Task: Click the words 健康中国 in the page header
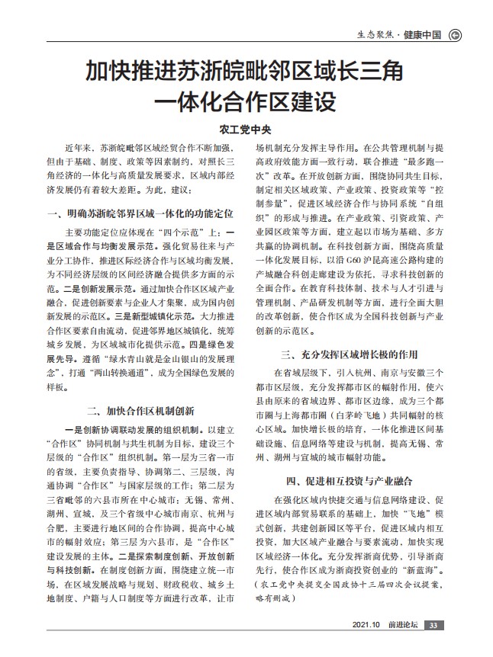click(x=422, y=34)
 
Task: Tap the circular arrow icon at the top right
click(x=456, y=34)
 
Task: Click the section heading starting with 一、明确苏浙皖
click(x=139, y=211)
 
